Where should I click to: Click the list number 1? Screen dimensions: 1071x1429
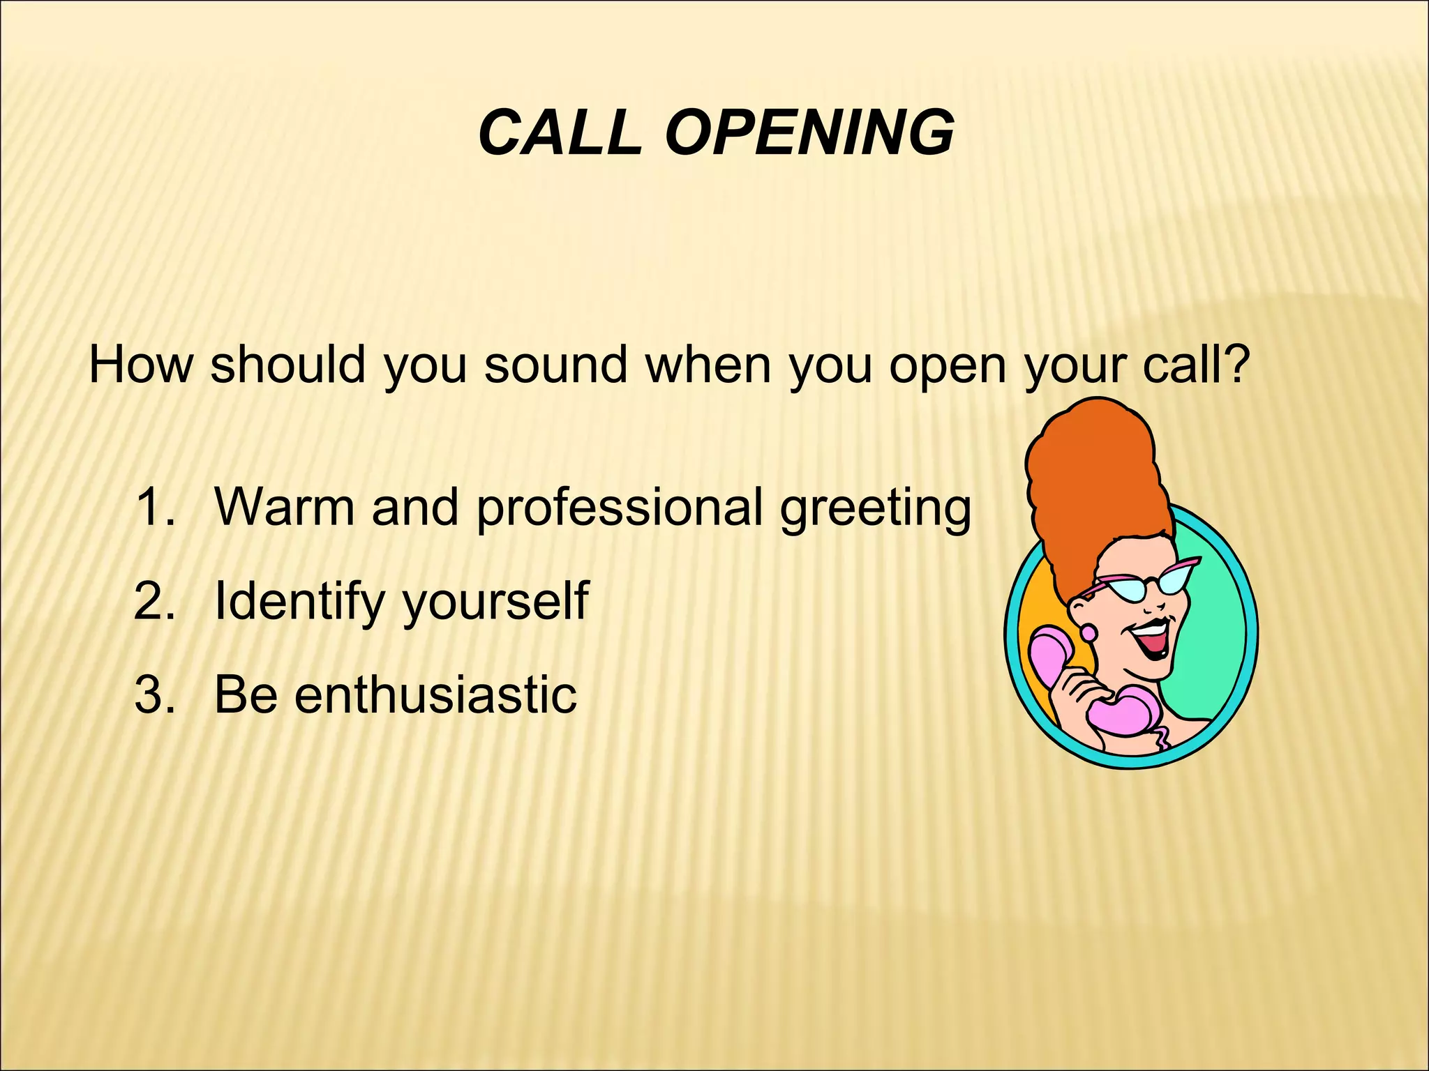click(x=154, y=507)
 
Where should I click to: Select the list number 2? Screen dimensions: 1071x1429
click(x=154, y=601)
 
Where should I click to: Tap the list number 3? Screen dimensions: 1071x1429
click(x=154, y=695)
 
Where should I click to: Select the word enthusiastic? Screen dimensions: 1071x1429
click(x=435, y=695)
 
